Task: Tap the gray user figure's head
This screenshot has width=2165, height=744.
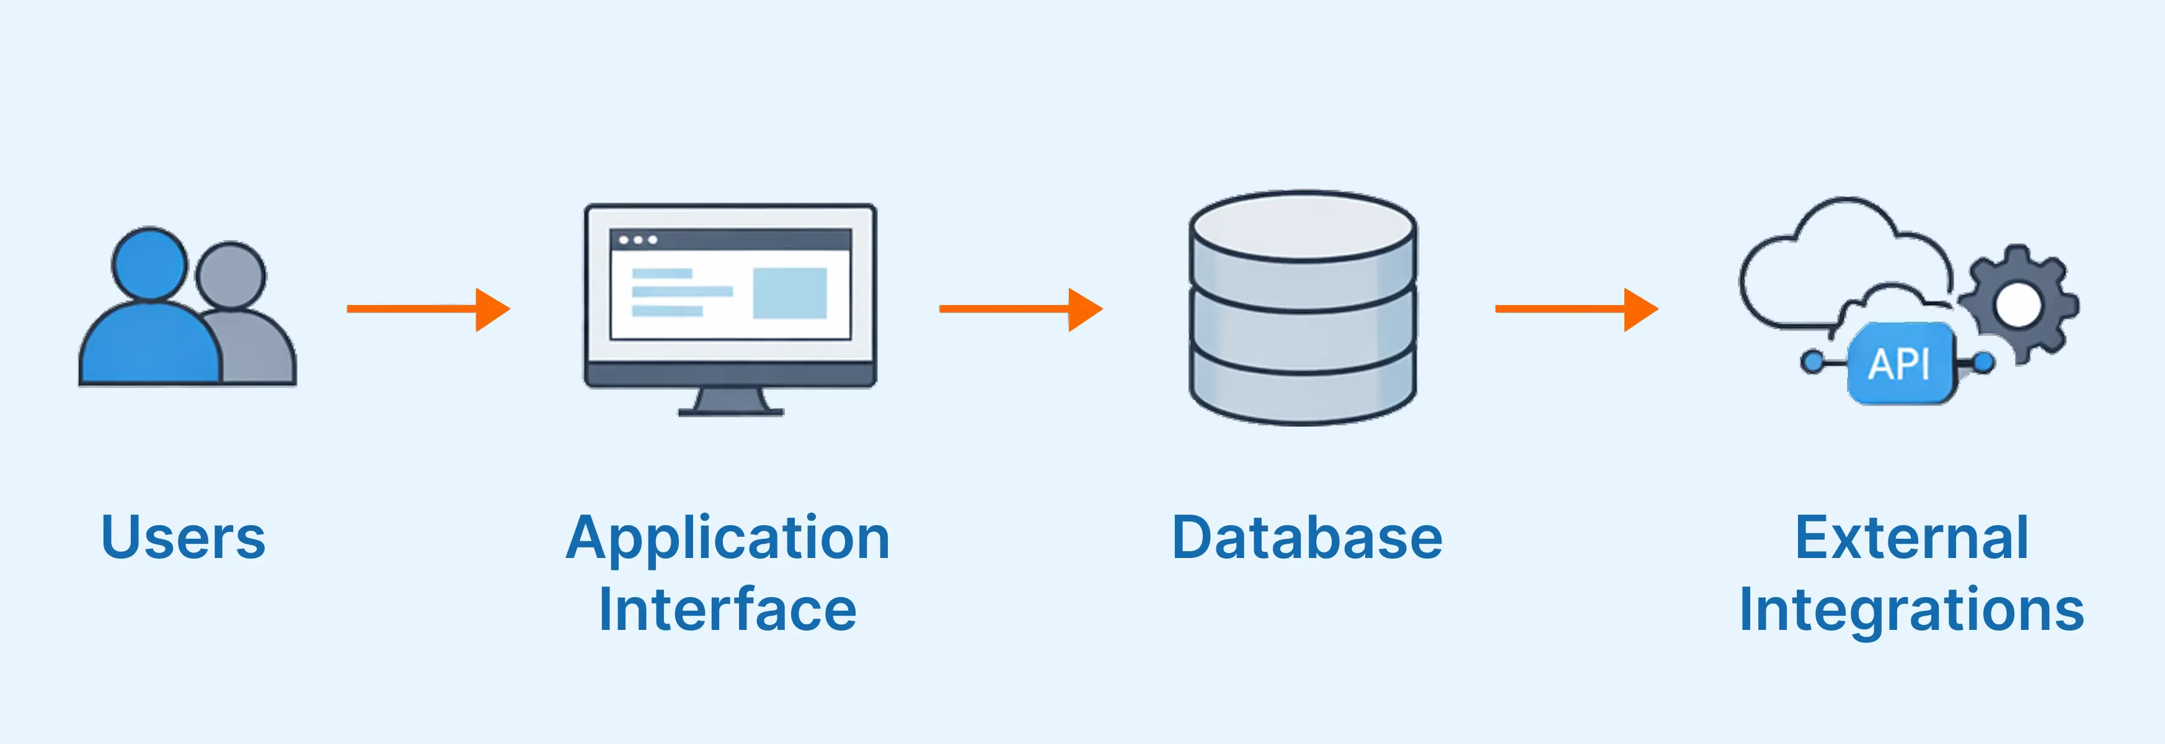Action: (230, 276)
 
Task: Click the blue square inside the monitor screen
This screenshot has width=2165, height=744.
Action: (789, 293)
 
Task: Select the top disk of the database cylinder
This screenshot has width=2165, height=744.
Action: (1303, 225)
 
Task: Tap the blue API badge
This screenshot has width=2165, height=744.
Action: (1900, 364)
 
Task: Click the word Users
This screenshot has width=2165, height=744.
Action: (184, 538)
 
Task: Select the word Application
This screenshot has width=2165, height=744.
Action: (728, 538)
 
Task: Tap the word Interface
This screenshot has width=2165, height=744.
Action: (728, 609)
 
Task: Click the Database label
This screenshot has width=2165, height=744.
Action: (1307, 538)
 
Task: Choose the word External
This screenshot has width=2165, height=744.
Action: (1911, 538)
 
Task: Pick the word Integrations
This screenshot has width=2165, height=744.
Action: (1911, 609)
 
